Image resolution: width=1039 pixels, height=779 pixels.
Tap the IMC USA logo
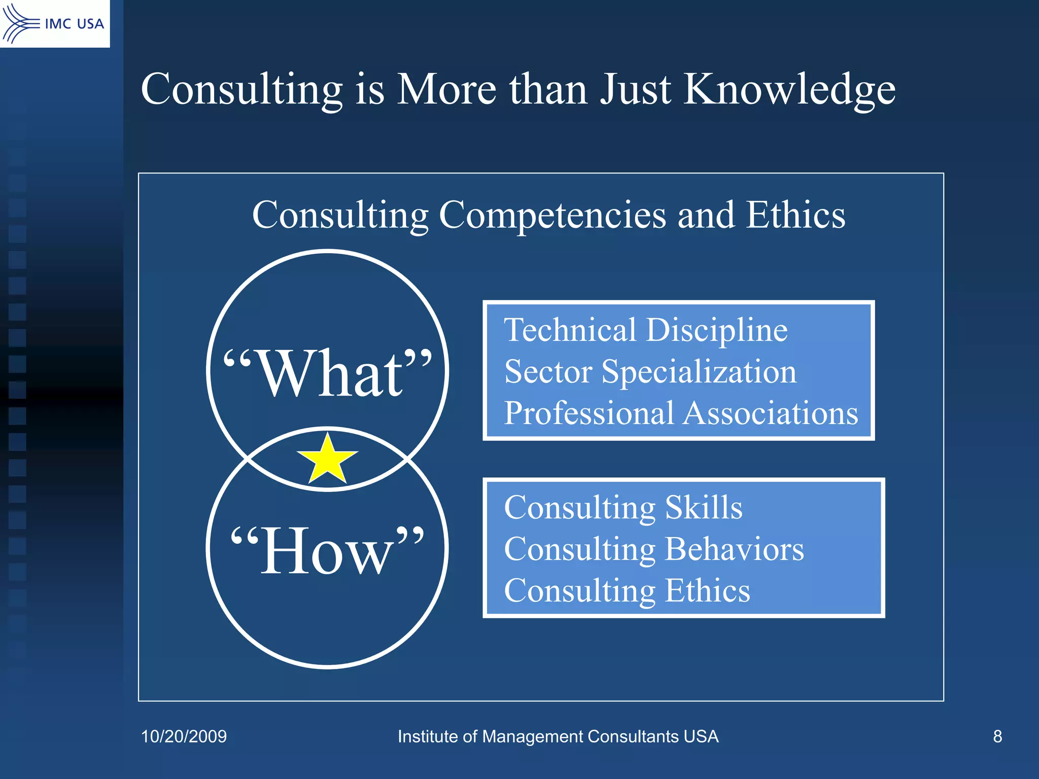click(54, 23)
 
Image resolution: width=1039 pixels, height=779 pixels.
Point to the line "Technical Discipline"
click(645, 330)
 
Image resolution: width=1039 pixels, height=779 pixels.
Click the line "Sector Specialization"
click(650, 372)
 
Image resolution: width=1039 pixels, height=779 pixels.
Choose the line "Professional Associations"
click(681, 413)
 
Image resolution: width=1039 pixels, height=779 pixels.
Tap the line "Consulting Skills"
click(623, 507)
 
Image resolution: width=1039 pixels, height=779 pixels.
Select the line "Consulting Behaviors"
click(653, 549)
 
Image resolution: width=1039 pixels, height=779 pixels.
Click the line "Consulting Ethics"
click(627, 591)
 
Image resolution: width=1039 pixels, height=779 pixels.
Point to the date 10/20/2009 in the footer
click(184, 736)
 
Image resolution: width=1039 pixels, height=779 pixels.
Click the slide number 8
click(997, 736)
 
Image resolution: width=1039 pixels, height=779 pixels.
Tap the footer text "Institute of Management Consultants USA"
click(558, 736)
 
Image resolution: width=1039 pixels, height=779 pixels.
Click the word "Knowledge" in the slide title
click(789, 90)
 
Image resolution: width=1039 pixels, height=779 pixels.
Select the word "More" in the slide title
click(446, 90)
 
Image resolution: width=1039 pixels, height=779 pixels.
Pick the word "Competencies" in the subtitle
click(552, 216)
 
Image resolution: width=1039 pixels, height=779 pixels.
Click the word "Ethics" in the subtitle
click(795, 215)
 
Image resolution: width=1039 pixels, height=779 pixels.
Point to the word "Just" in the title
click(636, 90)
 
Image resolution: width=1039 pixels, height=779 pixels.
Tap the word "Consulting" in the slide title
click(241, 90)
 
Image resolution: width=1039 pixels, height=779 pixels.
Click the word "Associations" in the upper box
click(771, 413)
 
